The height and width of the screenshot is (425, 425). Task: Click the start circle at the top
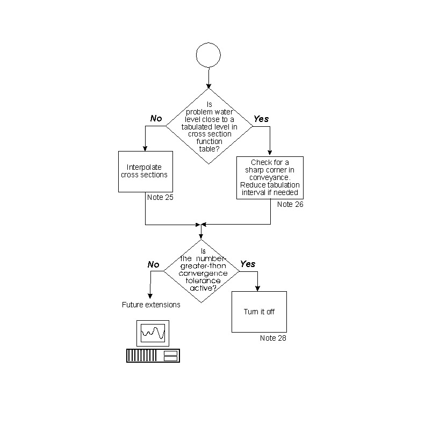click(208, 55)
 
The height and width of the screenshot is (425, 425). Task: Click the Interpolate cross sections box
click(144, 171)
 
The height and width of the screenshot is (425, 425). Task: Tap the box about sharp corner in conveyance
click(270, 178)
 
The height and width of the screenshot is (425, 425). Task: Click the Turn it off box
click(259, 312)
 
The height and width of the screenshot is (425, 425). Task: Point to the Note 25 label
click(160, 197)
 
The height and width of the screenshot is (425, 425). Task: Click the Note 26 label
click(290, 205)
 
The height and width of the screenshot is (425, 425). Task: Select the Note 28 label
click(273, 338)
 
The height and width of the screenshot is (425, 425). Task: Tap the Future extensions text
click(151, 305)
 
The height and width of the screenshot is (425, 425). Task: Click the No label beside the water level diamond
click(156, 118)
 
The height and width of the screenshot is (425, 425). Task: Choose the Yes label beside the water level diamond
click(261, 118)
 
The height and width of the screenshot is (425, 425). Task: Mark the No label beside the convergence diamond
click(154, 264)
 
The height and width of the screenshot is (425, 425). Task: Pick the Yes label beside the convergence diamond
click(248, 264)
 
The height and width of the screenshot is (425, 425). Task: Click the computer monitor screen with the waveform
click(153, 334)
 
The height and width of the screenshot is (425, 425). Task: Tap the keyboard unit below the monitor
click(153, 355)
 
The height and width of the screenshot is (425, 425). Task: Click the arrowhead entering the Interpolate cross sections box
click(145, 148)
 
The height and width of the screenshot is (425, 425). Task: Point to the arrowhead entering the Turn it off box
click(258, 289)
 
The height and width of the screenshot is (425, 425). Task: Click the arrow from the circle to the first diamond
click(208, 77)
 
